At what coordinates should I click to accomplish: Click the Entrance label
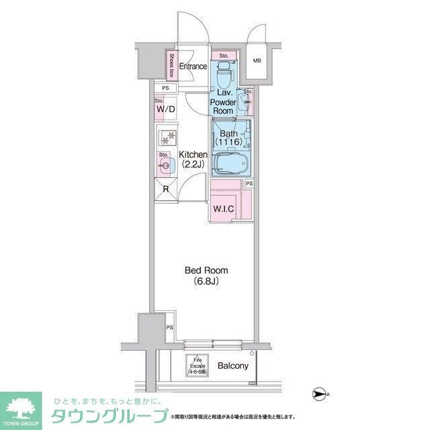coord(191,66)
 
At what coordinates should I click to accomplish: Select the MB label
coord(257,60)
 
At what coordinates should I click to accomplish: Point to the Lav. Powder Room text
coord(223,102)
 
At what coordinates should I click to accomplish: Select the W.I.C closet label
coord(224,209)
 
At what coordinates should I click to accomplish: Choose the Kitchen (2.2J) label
coord(192,160)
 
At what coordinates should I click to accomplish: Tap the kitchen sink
coord(165,163)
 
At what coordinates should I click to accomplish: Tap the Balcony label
coord(233,366)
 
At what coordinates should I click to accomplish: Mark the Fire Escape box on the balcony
coord(196,365)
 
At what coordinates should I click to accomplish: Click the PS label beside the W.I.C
coord(249,183)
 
